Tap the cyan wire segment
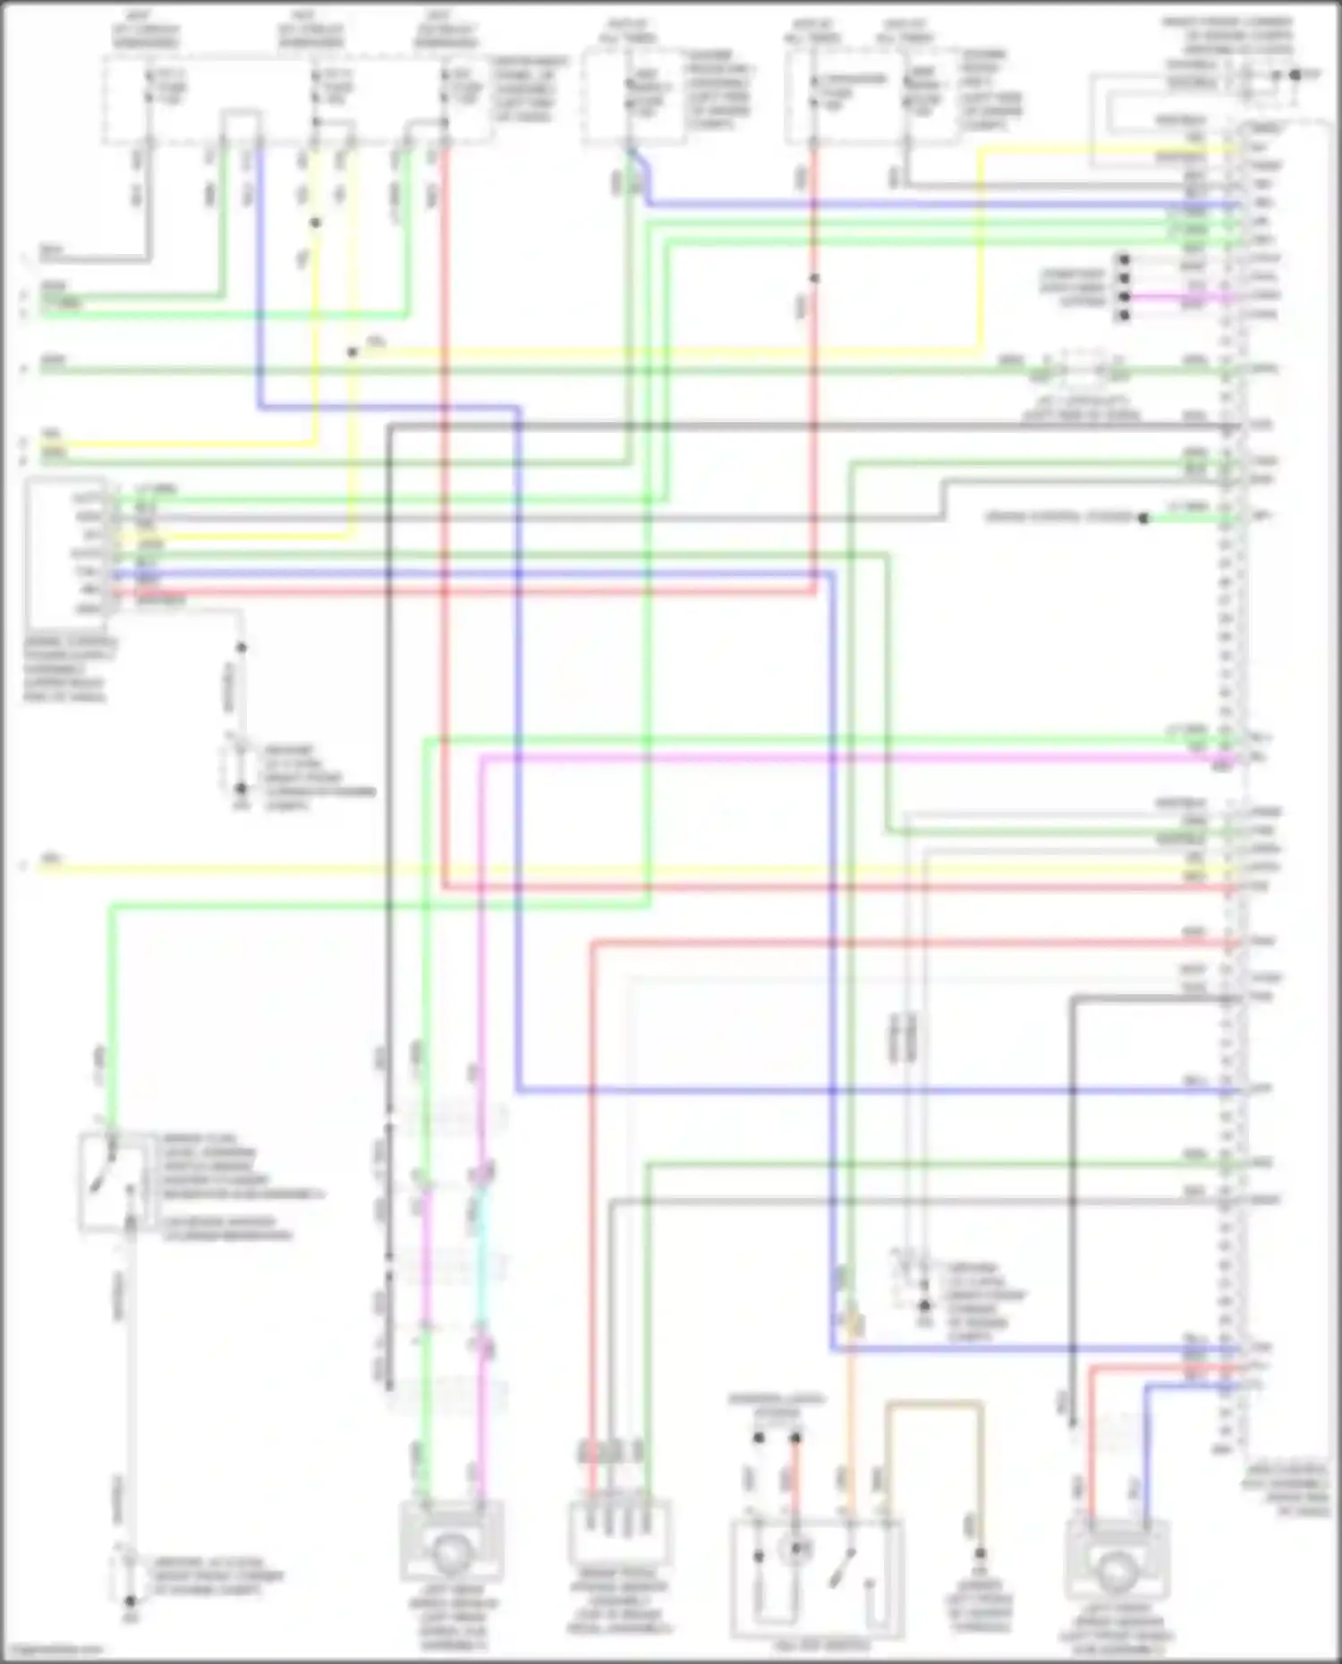coord(482,1252)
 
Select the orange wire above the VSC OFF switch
coord(851,1413)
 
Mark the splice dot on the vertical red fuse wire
coord(814,279)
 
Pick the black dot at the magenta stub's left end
coord(1124,296)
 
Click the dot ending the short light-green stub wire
coord(1142,518)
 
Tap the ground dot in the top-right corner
coord(1294,75)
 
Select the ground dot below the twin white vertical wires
coord(923,1306)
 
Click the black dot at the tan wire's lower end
coord(980,1554)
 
